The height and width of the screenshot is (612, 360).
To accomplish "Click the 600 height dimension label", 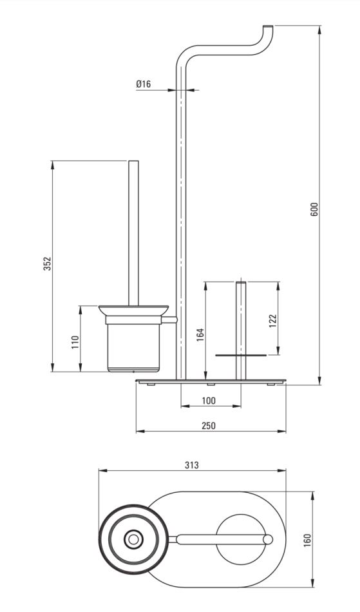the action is pyautogui.click(x=316, y=209).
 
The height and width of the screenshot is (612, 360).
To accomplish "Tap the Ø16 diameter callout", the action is pyautogui.click(x=143, y=84).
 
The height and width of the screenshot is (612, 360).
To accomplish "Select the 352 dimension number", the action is pyautogui.click(x=47, y=264).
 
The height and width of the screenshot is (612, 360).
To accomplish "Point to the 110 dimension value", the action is pyautogui.click(x=75, y=342).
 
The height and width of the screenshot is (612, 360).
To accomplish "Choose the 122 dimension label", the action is pyautogui.click(x=272, y=321).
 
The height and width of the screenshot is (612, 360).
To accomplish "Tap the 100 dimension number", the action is pyautogui.click(x=209, y=401).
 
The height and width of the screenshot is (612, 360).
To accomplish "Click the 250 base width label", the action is pyautogui.click(x=209, y=425).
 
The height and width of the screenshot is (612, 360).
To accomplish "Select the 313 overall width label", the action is pyautogui.click(x=192, y=465).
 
